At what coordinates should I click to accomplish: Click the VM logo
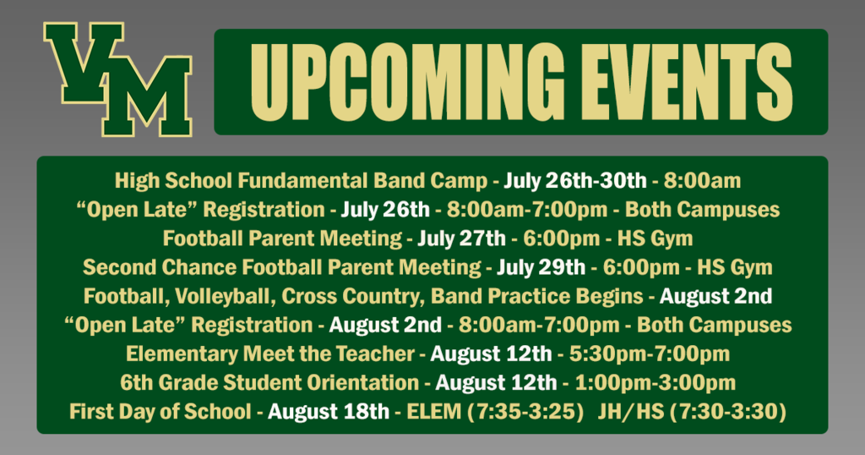pos(118,79)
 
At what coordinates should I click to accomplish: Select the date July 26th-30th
pos(574,181)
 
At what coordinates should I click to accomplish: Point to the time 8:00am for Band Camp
pos(702,181)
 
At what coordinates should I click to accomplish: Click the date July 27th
pos(461,238)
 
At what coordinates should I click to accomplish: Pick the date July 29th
pos(541,267)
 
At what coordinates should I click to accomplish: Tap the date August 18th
pos(329,411)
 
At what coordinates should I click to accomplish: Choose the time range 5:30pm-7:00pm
pos(650,354)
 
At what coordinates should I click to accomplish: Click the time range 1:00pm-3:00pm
pos(656,382)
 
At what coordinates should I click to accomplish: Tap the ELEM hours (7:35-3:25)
pos(495,411)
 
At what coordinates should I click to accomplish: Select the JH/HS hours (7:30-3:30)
pos(692,411)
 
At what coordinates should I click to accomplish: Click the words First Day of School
pos(160,411)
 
